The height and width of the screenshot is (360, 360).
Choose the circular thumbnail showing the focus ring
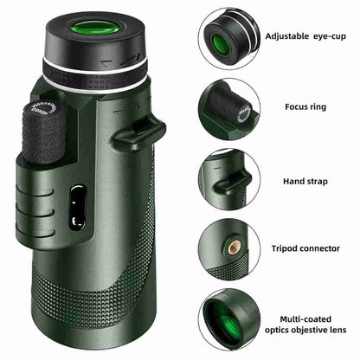point(228,106)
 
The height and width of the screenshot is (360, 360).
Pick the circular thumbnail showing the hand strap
point(228,179)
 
